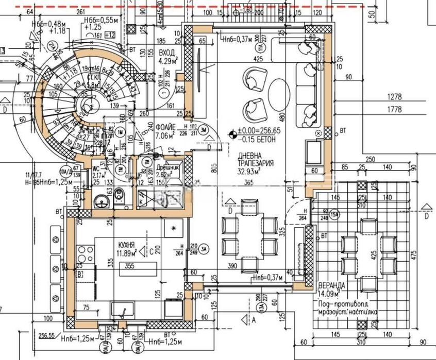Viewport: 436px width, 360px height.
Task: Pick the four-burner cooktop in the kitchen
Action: pos(83,256)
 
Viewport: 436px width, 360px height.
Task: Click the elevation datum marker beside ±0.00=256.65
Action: pos(233,135)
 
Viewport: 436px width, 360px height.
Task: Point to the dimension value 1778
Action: pos(396,109)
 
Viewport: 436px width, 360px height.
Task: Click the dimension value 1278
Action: pos(396,96)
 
